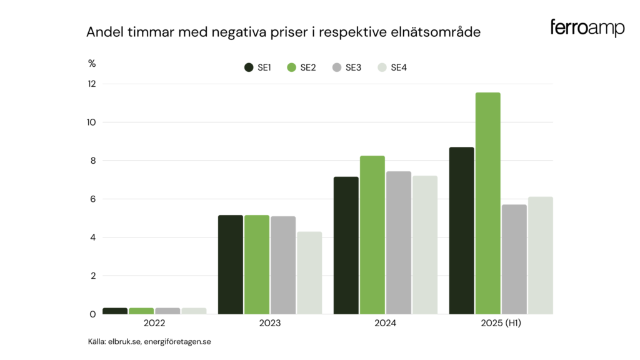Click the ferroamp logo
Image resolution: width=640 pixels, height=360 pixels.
(x=587, y=28)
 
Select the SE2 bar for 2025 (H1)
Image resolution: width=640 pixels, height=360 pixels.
(x=487, y=203)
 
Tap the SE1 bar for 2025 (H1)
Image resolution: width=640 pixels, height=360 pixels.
(x=461, y=231)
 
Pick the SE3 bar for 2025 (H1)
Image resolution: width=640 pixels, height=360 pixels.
(x=514, y=259)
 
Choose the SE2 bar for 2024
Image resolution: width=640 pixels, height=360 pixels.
(x=372, y=235)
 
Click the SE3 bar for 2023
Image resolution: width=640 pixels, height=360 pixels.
(x=283, y=265)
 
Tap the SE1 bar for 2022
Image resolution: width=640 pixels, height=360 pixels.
(x=115, y=311)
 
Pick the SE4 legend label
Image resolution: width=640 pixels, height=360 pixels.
(x=399, y=67)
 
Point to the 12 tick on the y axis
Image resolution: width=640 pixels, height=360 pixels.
(x=92, y=84)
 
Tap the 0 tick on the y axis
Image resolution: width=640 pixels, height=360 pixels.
(x=92, y=314)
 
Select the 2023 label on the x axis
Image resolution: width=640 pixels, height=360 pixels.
(x=270, y=324)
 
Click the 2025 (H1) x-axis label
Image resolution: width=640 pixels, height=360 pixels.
(x=501, y=324)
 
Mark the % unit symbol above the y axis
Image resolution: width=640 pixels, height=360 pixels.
(x=92, y=63)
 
